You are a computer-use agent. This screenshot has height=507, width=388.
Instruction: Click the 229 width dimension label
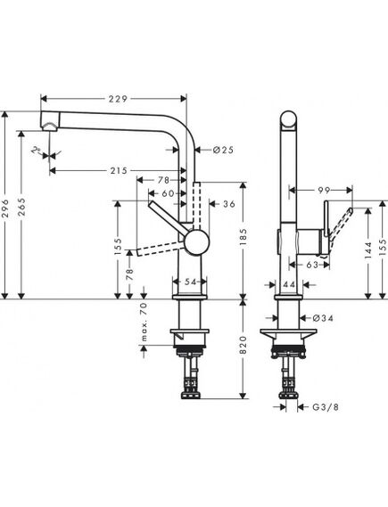[x=118, y=99]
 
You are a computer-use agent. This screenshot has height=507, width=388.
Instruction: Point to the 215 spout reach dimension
[x=119, y=170]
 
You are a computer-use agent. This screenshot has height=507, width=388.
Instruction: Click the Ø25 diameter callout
[x=223, y=150]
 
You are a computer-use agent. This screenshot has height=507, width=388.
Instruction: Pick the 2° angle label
[x=36, y=150]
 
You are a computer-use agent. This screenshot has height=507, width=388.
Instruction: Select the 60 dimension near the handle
[x=169, y=193]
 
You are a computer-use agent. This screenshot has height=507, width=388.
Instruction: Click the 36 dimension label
[x=229, y=204]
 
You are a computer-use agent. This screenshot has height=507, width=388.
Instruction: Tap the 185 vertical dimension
[x=244, y=237]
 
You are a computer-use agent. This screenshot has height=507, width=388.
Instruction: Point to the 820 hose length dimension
[x=244, y=346]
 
